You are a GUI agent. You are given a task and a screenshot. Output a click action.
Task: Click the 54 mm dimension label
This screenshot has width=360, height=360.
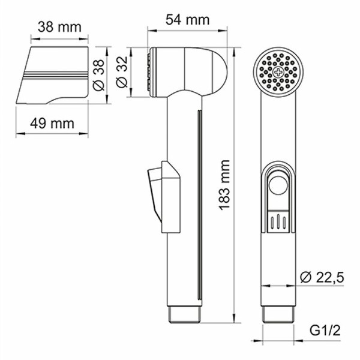tap(188, 20)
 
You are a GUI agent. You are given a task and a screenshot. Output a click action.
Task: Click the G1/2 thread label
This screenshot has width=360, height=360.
tap(323, 330)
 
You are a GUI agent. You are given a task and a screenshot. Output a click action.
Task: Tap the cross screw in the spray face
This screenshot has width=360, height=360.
tap(278, 72)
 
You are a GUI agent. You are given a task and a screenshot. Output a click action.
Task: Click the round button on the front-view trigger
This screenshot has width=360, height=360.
tap(278, 187)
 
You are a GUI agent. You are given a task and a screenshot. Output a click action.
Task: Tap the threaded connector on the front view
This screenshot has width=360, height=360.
tap(278, 314)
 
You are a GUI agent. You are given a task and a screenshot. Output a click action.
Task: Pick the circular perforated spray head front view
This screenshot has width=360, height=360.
tap(278, 73)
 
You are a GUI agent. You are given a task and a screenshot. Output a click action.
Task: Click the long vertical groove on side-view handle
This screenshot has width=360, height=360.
tap(199, 204)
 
